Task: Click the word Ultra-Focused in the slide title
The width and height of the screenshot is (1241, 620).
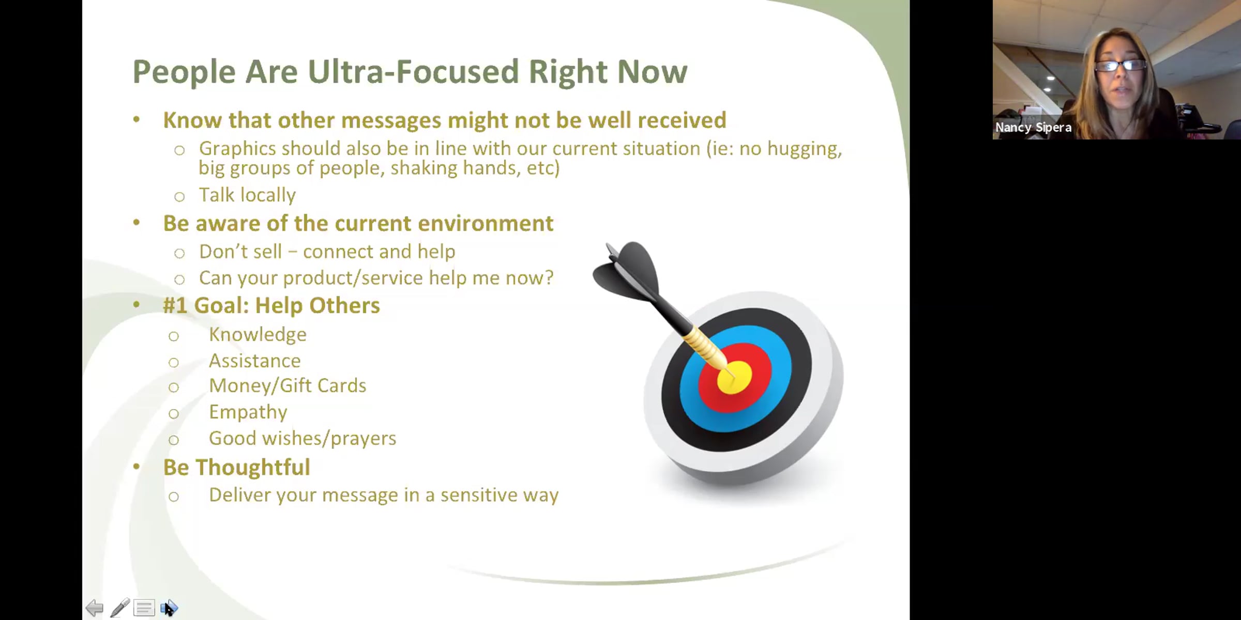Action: click(413, 71)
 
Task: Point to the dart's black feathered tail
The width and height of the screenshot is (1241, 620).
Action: click(627, 271)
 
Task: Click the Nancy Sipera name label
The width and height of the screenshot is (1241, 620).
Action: click(1033, 127)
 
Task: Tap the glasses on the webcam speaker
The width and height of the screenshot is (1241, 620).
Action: click(1120, 65)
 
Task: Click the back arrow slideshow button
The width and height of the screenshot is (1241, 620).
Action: click(94, 608)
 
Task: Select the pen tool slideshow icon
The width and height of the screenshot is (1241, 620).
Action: click(119, 608)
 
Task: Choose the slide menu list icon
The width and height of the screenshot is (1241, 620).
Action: click(144, 608)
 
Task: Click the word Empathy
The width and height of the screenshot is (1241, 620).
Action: click(248, 412)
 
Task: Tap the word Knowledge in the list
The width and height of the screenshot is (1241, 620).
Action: click(258, 335)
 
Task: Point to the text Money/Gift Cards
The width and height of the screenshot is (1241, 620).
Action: click(287, 386)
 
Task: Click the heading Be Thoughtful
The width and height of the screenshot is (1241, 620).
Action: click(236, 467)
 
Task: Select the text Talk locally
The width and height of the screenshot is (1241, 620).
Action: click(247, 195)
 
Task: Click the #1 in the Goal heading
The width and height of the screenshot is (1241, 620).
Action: click(175, 305)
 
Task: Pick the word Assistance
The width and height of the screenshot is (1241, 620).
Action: click(254, 361)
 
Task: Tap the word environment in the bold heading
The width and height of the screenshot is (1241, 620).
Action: click(486, 223)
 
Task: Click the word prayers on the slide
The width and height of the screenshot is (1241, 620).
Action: click(363, 439)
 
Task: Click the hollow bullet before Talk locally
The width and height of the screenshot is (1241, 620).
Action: click(179, 197)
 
